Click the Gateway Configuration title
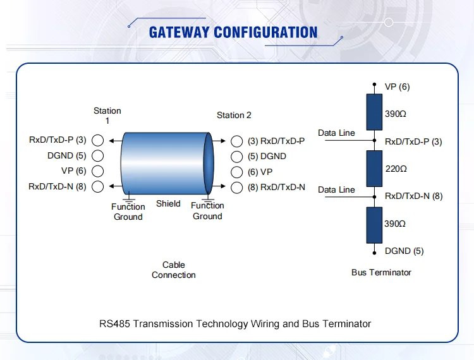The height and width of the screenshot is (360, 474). (x=233, y=32)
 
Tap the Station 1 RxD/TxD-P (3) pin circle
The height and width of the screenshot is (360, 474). (x=98, y=140)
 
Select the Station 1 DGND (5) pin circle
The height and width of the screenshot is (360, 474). (x=98, y=155)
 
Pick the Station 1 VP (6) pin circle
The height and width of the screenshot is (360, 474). (x=98, y=171)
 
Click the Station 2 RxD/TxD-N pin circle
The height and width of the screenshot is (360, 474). (x=237, y=187)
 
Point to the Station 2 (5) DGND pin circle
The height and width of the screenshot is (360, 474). (x=237, y=157)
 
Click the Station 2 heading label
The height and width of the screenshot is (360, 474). (x=234, y=115)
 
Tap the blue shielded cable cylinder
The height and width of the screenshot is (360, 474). (x=166, y=164)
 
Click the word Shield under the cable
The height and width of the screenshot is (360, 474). (x=168, y=203)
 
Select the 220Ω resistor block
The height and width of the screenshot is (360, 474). (x=375, y=169)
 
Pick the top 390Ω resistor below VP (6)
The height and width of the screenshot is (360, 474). (x=375, y=112)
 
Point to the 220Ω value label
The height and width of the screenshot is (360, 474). (x=396, y=169)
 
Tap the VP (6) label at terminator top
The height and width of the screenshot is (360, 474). (x=397, y=87)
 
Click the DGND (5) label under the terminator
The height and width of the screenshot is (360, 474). (x=404, y=251)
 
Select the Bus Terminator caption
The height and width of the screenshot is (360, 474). (x=381, y=272)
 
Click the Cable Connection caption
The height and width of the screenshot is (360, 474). (x=174, y=270)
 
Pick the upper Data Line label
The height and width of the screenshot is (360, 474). (x=336, y=133)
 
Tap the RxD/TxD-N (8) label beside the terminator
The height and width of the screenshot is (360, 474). (x=413, y=196)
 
